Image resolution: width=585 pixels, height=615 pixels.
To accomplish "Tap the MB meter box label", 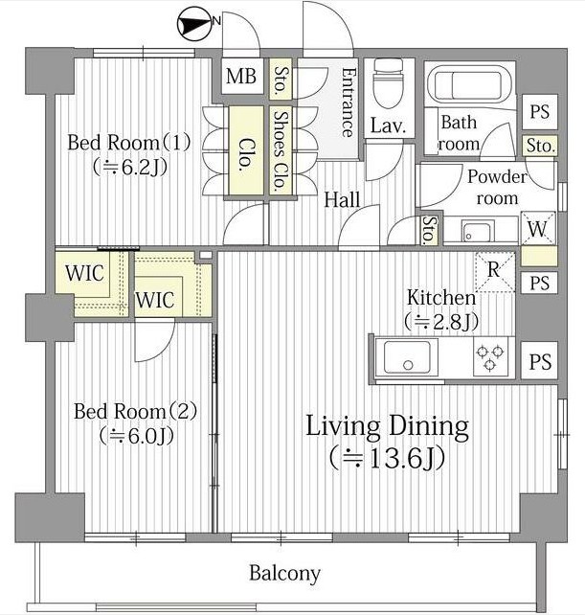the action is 241,76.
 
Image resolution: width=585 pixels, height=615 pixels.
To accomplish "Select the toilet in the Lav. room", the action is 388,83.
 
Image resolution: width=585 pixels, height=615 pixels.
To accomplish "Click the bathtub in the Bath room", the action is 469,85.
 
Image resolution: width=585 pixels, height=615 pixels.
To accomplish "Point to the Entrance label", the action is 349,102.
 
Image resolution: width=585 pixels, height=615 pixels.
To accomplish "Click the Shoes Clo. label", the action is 281,150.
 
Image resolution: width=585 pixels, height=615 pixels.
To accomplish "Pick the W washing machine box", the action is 538,228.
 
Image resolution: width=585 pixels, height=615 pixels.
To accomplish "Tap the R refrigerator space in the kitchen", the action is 494,271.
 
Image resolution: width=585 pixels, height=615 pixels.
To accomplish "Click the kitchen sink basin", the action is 407,356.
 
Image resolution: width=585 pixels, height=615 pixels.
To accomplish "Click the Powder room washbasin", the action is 476,232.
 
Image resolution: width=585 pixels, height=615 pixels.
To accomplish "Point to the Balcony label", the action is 285,574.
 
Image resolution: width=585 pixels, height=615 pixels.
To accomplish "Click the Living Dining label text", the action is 387,426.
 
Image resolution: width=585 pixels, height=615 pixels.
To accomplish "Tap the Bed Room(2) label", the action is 136,412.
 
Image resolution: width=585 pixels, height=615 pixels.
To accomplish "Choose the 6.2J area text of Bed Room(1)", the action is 130,168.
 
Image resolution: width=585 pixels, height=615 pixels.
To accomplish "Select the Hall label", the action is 342,200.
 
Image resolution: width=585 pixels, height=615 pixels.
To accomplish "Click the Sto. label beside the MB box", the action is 280,80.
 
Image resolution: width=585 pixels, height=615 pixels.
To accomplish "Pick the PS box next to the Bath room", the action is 540,112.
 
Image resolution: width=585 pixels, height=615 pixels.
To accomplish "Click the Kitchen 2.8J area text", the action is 441,322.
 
